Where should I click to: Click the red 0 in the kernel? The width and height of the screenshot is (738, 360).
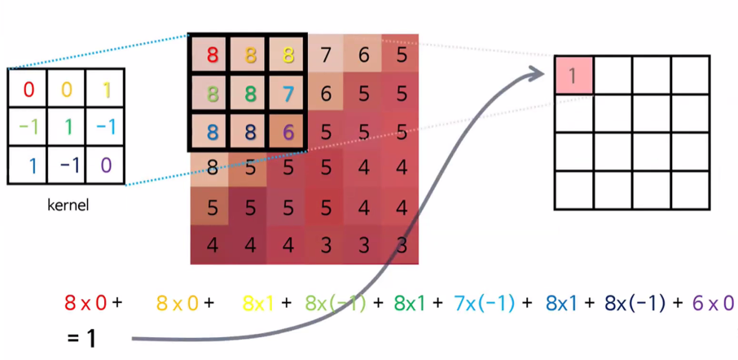(29, 89)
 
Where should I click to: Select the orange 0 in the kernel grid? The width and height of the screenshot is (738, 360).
(67, 89)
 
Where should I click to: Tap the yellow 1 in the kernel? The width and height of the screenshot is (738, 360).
(105, 89)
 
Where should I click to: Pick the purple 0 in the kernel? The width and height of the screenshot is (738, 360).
(105, 165)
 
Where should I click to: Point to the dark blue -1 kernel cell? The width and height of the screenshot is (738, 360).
(67, 165)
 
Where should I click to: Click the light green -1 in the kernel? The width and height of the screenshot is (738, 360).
(29, 127)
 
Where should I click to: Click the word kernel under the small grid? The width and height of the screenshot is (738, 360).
(67, 205)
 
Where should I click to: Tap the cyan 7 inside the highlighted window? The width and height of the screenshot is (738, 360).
(288, 93)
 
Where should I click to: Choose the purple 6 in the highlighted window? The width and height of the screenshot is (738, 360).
(288, 131)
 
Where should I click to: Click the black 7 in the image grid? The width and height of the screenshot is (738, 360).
(326, 55)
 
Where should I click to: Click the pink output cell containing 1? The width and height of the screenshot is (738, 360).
(573, 75)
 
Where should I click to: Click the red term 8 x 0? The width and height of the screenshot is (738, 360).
(85, 303)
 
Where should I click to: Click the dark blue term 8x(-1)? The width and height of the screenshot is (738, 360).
(635, 303)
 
